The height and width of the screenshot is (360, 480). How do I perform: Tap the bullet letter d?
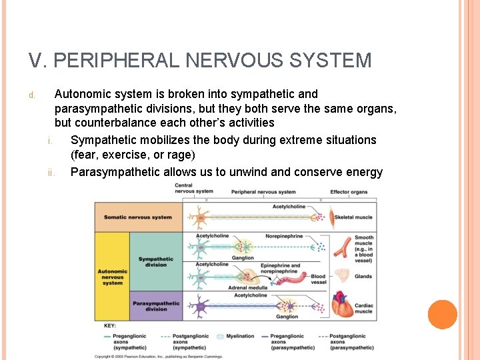click(31, 95)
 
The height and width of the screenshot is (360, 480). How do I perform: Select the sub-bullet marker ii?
click(51, 173)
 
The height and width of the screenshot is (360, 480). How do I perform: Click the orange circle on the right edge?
click(442, 315)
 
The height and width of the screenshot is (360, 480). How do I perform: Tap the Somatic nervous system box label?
click(138, 217)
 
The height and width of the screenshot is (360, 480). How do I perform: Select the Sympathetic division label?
click(155, 261)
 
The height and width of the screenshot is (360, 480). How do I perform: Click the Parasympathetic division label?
click(156, 306)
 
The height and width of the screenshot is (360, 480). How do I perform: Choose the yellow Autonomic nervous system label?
click(113, 277)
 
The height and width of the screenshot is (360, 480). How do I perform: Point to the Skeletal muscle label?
click(353, 217)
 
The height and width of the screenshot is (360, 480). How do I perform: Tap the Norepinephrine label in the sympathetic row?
click(284, 236)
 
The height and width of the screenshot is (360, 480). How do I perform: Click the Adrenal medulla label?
click(247, 287)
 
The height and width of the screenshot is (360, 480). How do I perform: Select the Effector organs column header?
click(349, 192)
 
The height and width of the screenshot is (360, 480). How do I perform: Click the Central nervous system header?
click(193, 189)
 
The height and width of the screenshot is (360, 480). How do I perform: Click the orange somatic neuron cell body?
click(197, 217)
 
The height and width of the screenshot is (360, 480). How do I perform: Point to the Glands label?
click(363, 277)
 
